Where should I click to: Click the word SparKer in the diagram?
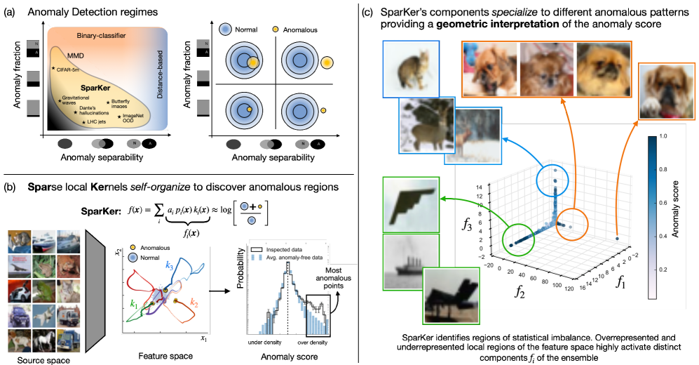tap(98, 89)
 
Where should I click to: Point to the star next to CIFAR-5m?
tap(53, 69)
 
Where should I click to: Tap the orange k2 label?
tap(194, 303)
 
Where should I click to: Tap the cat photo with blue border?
tap(411, 68)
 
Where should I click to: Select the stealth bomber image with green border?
tap(410, 205)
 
